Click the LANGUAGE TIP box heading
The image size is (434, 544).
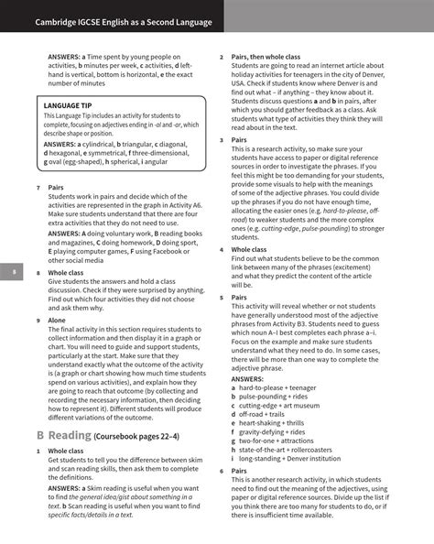point(68,106)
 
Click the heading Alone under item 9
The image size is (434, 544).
point(58,321)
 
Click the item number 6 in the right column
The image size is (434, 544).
point(222,471)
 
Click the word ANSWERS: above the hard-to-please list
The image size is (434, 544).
point(247,378)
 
